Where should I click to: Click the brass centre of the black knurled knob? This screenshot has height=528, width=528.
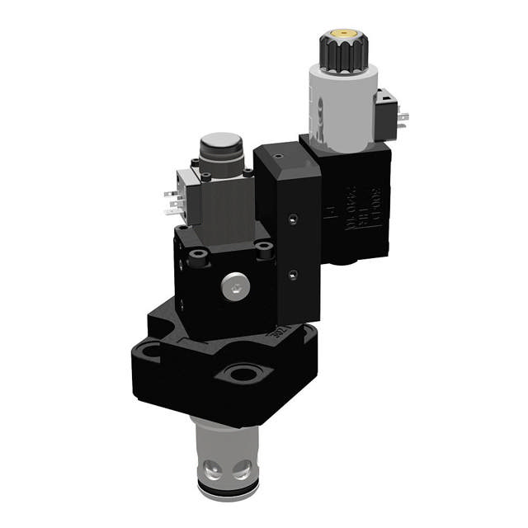tap(342, 35)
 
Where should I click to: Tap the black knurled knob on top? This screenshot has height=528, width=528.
tap(342, 51)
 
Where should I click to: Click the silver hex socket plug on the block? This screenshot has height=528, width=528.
tap(233, 287)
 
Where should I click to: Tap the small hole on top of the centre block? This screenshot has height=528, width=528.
tap(279, 154)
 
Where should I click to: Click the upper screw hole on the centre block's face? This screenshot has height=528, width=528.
tap(291, 219)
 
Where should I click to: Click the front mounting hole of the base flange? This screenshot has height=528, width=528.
tap(241, 375)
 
